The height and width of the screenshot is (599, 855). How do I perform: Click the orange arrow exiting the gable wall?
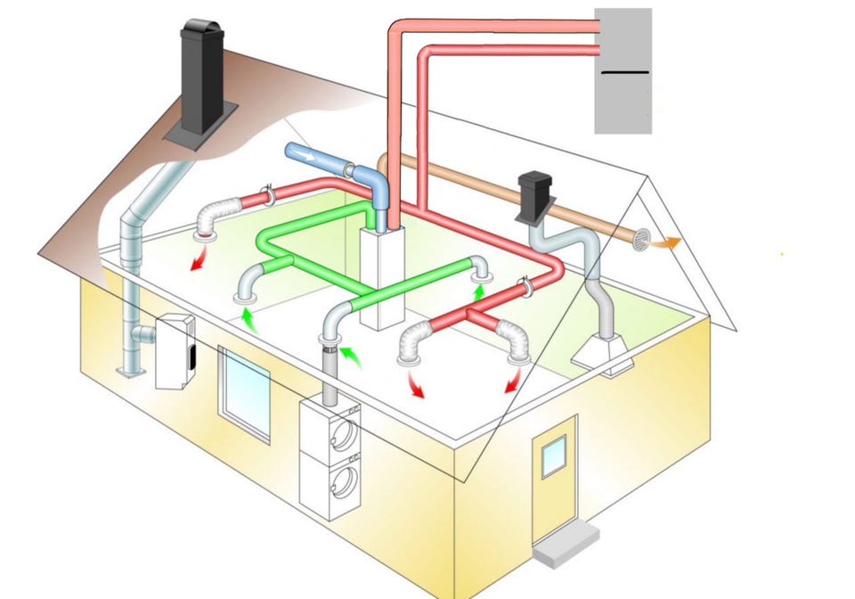(667, 241)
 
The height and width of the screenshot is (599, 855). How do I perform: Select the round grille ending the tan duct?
(640, 239)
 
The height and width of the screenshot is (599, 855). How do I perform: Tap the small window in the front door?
(552, 458)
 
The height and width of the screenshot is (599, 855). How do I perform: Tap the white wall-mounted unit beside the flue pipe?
(175, 351)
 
